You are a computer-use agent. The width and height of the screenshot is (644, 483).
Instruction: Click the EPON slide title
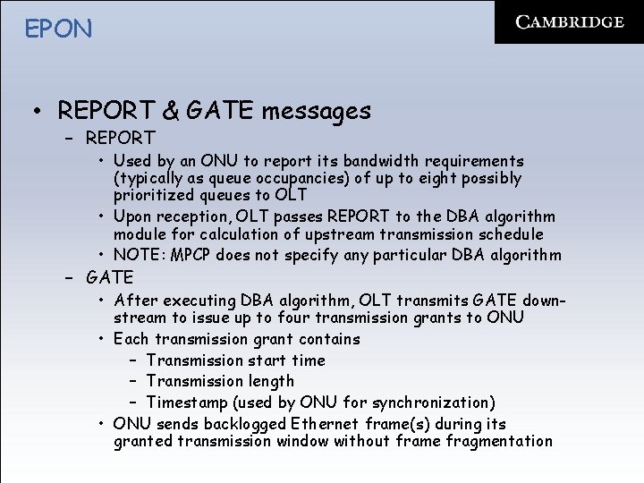(x=58, y=29)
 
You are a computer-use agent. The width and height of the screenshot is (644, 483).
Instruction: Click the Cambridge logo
(x=570, y=22)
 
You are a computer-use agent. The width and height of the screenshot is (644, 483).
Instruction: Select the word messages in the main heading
(x=317, y=111)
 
